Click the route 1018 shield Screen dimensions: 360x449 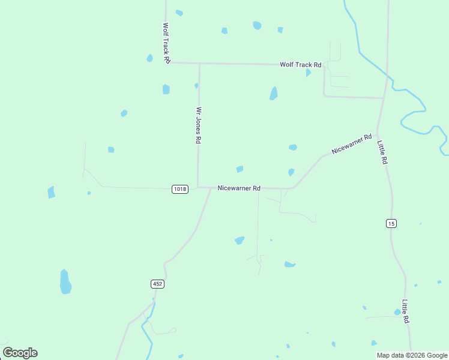[180, 189]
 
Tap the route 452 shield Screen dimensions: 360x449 [157, 284]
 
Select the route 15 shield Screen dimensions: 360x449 [391, 223]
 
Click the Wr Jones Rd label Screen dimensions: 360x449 [197, 125]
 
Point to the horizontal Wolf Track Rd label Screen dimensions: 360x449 [301, 65]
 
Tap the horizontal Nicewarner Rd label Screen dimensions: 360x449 [239, 188]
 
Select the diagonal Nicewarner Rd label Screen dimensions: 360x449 [352, 143]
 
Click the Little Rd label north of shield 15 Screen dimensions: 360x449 [382, 152]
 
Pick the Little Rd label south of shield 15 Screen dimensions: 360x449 [406, 311]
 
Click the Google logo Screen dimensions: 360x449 [20, 353]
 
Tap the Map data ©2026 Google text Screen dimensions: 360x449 [412, 355]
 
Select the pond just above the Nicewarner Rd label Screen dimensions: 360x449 [240, 169]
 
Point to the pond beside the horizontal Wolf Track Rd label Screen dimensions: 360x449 [308, 73]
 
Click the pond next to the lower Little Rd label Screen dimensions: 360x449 [397, 312]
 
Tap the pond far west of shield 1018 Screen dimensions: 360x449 [51, 192]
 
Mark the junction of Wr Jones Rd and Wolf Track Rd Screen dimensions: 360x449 [199, 63]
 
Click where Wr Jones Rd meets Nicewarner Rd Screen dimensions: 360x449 [199, 187]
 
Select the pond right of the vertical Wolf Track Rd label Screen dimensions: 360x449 [179, 13]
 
